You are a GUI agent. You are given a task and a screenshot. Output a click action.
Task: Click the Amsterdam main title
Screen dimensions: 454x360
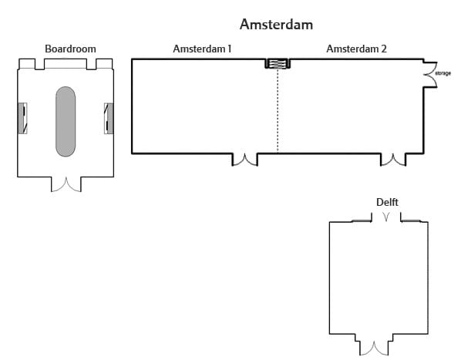[x=276, y=25]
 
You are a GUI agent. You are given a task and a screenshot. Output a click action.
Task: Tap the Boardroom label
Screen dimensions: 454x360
[x=70, y=49]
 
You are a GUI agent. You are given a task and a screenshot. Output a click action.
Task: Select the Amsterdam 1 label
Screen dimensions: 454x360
[x=202, y=49]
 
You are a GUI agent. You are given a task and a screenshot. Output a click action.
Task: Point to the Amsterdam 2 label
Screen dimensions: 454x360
[x=356, y=49]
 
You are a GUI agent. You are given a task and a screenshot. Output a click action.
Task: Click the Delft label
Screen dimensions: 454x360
[x=387, y=202]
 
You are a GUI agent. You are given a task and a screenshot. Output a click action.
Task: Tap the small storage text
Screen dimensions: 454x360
[x=443, y=73]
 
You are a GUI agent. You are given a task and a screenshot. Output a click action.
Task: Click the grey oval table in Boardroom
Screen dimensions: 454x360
[x=66, y=121]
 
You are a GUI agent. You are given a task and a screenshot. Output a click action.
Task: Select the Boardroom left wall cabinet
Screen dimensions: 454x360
[x=22, y=118]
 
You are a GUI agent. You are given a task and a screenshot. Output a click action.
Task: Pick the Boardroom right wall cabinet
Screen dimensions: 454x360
[x=109, y=118]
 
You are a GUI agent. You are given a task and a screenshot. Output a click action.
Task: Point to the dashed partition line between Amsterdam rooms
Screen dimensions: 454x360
[x=278, y=110]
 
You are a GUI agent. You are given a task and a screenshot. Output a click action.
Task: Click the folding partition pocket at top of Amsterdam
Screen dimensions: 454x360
[x=277, y=63]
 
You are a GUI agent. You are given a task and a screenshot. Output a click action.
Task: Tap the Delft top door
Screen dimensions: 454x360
[x=386, y=217]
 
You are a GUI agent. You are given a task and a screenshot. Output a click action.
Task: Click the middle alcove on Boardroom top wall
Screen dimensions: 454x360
[x=66, y=64]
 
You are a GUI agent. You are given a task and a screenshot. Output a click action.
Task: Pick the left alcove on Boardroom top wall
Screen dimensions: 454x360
[x=27, y=64]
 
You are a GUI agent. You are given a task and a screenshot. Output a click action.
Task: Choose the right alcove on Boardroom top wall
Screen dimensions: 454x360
[x=104, y=64]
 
